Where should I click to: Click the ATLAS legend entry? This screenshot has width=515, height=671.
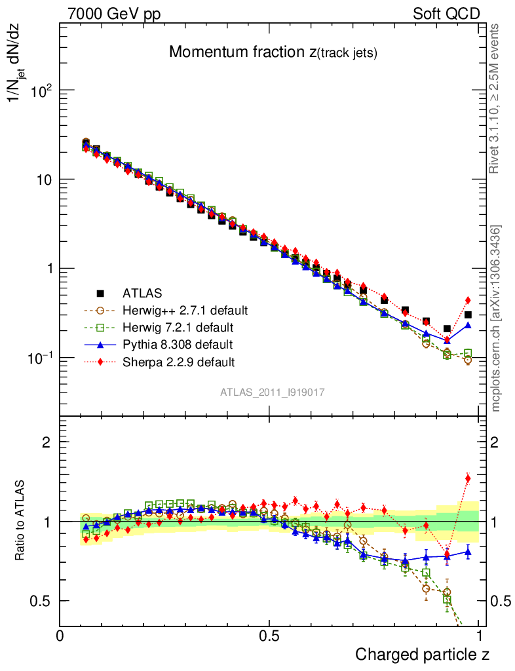pos(140,292)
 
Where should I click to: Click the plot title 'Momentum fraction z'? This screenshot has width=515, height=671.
pos(273,52)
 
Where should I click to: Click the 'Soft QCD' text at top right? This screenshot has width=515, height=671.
pos(446,14)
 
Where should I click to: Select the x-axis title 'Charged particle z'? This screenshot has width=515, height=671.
pos(422,653)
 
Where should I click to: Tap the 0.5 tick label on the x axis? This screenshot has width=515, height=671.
pos(269,636)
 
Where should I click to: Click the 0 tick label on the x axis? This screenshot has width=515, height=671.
pos(60,636)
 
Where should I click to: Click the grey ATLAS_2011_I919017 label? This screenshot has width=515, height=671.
pos(273,392)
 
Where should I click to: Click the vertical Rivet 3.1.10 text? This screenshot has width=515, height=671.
pos(495,99)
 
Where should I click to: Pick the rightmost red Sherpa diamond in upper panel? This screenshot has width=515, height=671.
pos(468,300)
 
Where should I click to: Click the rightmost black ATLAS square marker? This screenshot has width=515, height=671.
pos(468,315)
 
